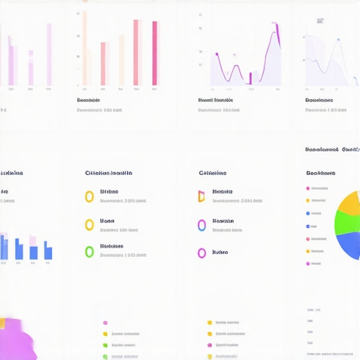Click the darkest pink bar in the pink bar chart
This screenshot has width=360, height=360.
coord(155,53)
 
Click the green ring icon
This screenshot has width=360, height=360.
coord(89,251)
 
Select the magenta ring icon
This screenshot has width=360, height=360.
coord(202,253)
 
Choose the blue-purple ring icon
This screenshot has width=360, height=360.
coord(202,225)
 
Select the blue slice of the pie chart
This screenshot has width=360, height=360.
coord(350,246)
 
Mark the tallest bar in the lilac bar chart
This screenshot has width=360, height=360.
coord(49,55)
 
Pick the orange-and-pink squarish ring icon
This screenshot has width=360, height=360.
coord(201,196)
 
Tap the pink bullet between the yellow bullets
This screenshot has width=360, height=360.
coord(210,345)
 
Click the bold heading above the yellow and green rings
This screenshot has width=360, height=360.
coord(108,173)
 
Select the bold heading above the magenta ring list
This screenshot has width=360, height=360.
coord(212,173)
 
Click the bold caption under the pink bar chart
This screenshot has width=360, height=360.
coord(93,101)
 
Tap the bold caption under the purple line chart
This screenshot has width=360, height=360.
coord(215,101)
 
